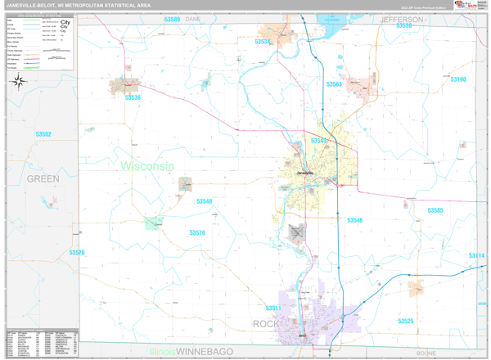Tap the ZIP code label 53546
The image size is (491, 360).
[354, 220]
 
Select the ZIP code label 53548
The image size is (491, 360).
[204, 201]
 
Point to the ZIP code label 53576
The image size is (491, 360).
[197, 233]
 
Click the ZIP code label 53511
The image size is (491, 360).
[274, 308]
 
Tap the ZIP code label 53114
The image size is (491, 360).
[476, 256]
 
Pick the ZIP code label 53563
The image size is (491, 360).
[334, 84]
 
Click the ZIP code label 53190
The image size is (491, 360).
[457, 79]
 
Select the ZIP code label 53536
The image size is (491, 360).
[133, 98]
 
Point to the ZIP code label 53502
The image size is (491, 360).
[43, 134]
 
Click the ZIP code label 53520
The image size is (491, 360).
[76, 253]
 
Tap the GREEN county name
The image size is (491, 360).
[43, 178]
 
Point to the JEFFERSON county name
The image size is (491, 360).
[403, 19]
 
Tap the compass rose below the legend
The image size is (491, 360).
[22, 80]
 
